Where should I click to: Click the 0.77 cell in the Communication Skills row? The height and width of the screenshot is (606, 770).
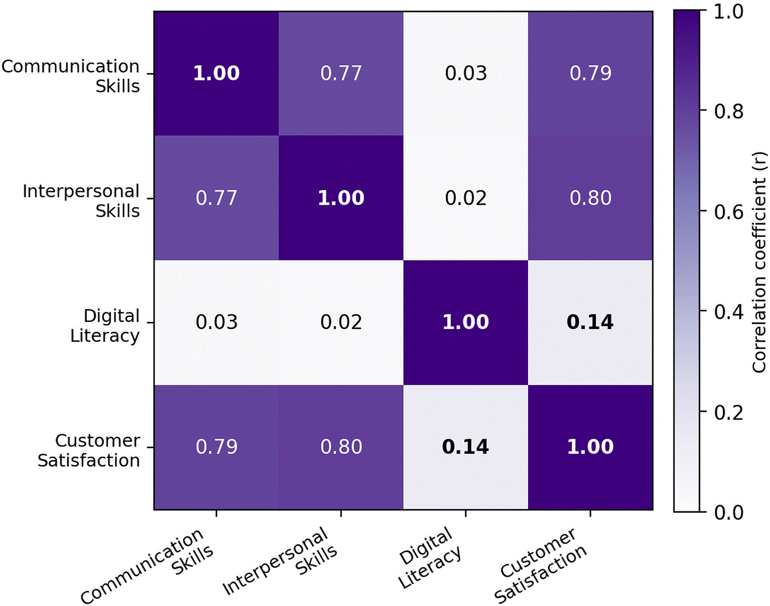[x=341, y=73]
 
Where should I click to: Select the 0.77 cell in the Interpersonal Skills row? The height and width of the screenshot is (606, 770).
[x=216, y=198]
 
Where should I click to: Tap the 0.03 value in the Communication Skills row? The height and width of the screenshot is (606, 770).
[x=466, y=73]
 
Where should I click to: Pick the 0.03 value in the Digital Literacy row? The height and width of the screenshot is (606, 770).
[x=216, y=322]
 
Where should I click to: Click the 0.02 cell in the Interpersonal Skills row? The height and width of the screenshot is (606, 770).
[x=466, y=198]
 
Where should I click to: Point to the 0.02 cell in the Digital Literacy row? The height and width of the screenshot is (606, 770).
[x=341, y=322]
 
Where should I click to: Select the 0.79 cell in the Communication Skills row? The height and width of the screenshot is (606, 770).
[x=590, y=73]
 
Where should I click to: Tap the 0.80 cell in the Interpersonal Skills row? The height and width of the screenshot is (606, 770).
[x=590, y=198]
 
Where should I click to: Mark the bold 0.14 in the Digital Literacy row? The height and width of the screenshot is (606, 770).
[x=590, y=322]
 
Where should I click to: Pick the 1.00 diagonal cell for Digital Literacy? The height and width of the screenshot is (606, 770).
[x=466, y=322]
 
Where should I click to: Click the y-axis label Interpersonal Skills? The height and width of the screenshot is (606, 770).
[x=81, y=201]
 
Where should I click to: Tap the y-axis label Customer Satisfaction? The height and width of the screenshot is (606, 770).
[x=89, y=451]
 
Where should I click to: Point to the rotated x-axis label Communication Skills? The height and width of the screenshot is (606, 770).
[x=147, y=567]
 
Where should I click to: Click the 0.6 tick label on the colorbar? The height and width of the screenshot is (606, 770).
[x=729, y=211]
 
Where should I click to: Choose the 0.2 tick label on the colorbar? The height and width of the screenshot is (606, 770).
[x=729, y=413]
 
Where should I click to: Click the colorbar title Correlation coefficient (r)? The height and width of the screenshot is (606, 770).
[x=759, y=262]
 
